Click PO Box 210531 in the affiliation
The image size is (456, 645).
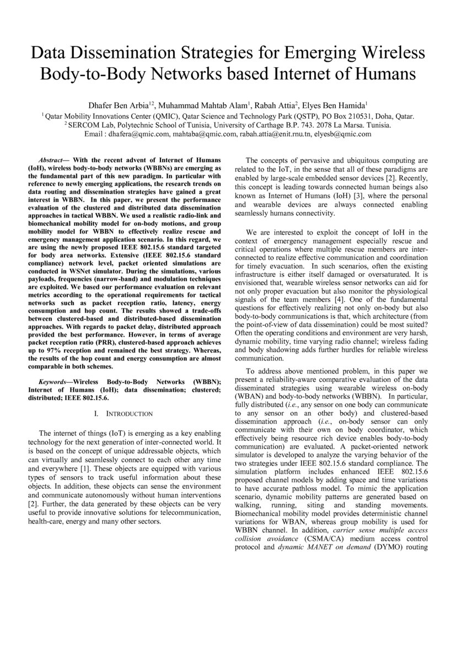coord(348,116)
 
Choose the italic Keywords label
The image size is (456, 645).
coord(55,382)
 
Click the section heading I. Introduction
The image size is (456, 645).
coord(121,413)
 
